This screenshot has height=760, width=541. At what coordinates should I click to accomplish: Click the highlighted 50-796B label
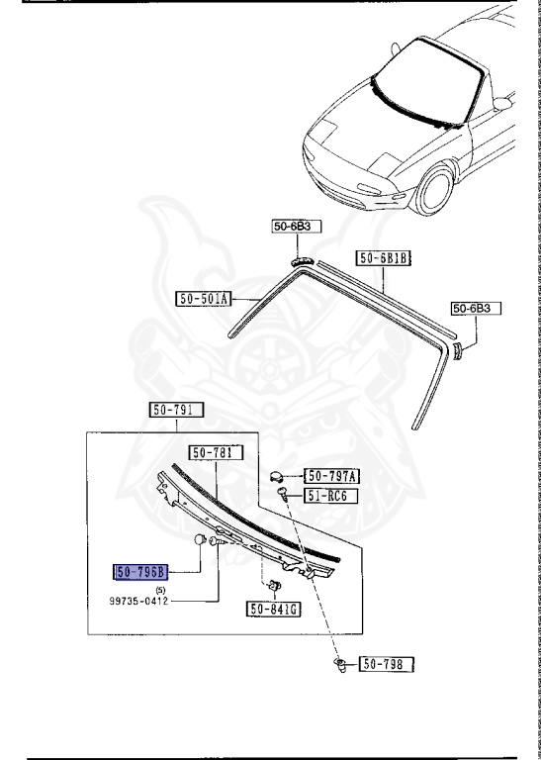tap(142, 571)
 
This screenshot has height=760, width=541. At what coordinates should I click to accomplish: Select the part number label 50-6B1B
tap(384, 258)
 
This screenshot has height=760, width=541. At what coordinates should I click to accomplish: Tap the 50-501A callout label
tap(204, 298)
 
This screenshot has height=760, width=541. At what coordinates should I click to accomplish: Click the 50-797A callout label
tap(330, 476)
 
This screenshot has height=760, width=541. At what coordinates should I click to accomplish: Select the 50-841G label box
tap(274, 610)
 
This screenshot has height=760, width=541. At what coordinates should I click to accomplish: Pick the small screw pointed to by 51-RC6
tap(283, 494)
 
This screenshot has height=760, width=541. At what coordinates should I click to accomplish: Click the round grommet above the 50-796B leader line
tap(200, 538)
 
